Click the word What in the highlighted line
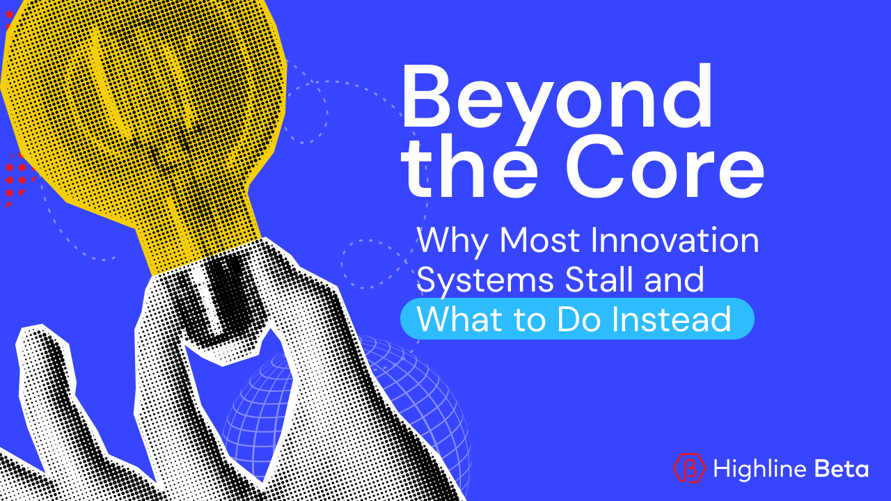click(457, 319)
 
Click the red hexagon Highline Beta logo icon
click(688, 468)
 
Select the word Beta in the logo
click(840, 468)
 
